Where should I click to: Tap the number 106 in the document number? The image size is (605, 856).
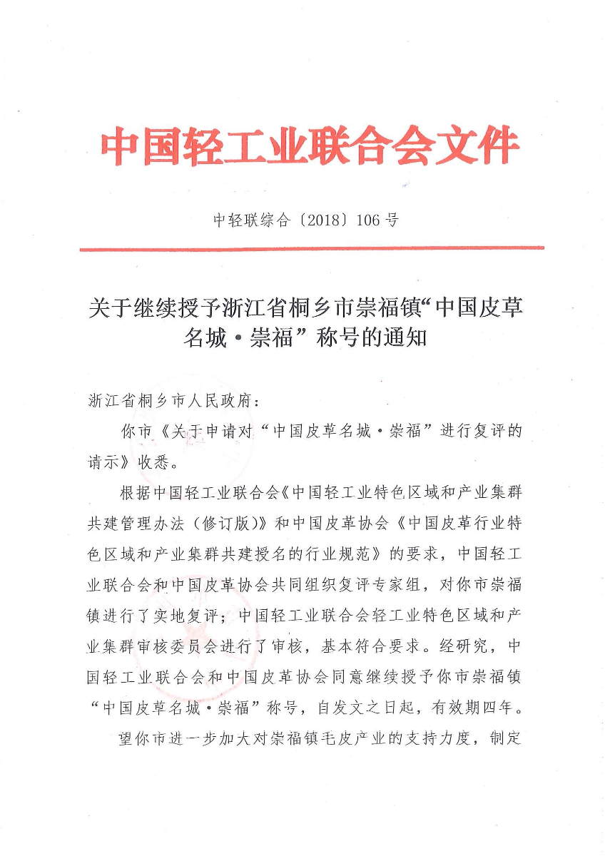[x=368, y=220]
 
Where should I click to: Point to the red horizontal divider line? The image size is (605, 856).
[x=311, y=248]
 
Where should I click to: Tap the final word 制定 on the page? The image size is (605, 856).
[x=506, y=738]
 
